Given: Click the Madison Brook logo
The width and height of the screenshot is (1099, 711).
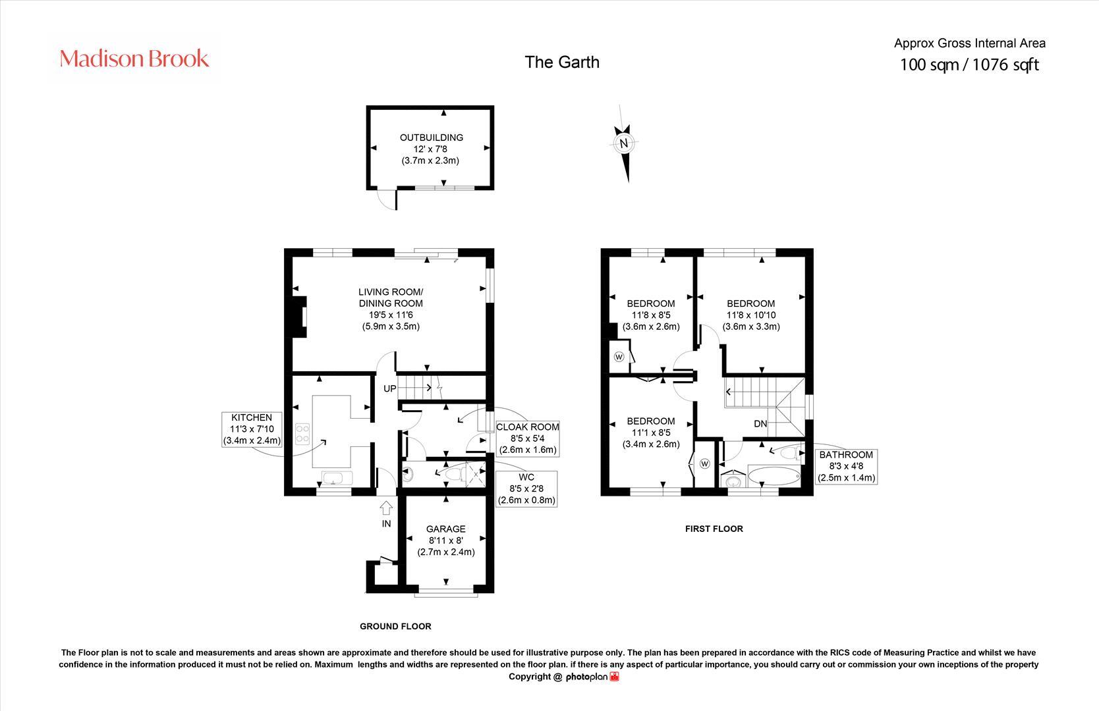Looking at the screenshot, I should [x=134, y=59].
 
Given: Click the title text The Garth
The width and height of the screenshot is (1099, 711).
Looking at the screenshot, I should [x=562, y=62].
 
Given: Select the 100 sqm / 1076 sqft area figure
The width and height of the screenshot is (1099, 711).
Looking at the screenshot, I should [x=969, y=65].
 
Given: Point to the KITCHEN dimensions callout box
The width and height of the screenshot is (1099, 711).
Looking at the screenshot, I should [x=252, y=429].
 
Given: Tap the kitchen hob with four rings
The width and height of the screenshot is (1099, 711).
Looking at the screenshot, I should [x=303, y=434].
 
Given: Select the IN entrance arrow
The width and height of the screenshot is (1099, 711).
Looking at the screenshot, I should [x=386, y=508].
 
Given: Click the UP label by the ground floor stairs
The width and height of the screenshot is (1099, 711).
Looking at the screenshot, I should [x=389, y=388].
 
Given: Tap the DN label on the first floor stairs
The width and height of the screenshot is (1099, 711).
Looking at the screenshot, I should [x=760, y=424].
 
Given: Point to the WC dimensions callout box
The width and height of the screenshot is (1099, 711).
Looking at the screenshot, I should [x=526, y=488].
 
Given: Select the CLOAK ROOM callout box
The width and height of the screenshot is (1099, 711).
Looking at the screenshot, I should [x=528, y=438].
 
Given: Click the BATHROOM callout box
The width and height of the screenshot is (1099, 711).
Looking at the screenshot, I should [x=847, y=466].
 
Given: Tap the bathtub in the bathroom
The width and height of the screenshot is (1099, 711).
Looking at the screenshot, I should [x=774, y=476].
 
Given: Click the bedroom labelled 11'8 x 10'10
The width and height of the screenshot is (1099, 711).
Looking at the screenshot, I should [x=750, y=315].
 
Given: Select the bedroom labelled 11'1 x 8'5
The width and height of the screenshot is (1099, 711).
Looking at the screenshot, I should [x=650, y=433].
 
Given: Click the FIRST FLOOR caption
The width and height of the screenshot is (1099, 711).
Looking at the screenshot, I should [x=714, y=529].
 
